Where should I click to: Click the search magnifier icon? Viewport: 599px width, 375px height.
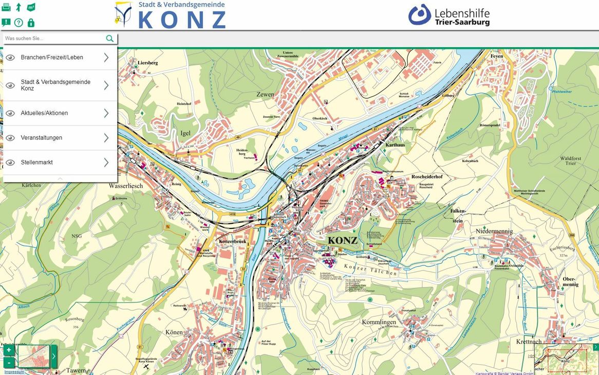point(109,39)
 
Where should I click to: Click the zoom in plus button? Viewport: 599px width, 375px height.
point(9,350)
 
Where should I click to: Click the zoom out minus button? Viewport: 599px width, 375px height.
point(9,362)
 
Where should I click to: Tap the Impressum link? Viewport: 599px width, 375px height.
point(14,372)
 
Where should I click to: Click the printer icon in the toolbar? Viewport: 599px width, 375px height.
point(6,7)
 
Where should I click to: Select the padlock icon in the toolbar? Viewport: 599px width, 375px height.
point(31,23)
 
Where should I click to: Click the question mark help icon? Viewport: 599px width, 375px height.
point(18,23)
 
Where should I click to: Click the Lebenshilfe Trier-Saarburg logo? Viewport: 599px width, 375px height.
point(449,15)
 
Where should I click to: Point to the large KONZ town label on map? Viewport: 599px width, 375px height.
point(342,241)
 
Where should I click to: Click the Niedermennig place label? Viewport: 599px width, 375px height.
point(494,231)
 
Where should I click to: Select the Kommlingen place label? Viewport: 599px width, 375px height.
point(379,322)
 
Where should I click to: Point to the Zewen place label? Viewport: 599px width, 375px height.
point(265,95)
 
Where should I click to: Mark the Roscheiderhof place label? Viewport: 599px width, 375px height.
point(427,177)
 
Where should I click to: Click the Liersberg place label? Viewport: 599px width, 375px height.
point(148,63)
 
